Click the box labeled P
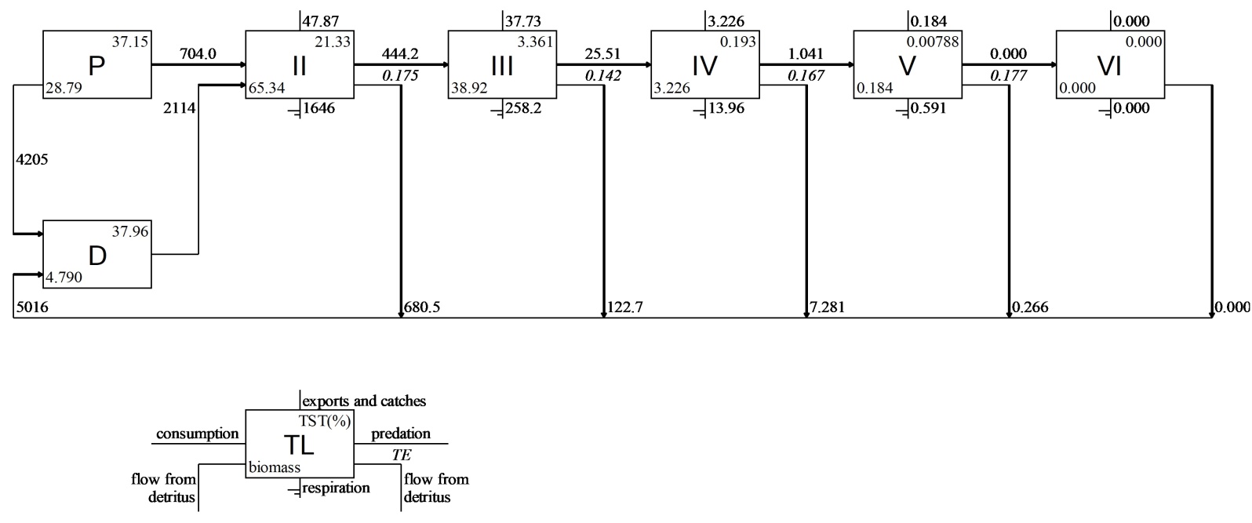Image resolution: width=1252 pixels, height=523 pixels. click(96, 65)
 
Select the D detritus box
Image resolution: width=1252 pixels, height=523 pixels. click(96, 255)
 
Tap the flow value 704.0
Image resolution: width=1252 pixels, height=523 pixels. click(198, 54)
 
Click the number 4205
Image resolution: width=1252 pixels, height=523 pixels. click(32, 159)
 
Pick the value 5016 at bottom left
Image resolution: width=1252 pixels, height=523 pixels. click(31, 307)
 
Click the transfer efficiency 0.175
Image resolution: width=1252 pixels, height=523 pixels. click(400, 75)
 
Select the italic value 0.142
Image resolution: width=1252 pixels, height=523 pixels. click(602, 75)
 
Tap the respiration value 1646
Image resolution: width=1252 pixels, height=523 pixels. click(318, 108)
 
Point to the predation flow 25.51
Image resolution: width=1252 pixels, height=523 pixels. click(602, 54)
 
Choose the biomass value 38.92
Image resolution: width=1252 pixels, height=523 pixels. click(469, 89)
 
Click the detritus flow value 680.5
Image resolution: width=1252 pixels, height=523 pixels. click(422, 307)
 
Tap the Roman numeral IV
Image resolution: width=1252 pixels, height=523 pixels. click(704, 66)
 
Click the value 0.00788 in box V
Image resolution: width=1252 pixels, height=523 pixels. click(933, 42)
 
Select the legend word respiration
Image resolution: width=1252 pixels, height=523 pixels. click(336, 488)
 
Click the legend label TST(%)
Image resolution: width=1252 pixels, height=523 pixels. click(325, 419)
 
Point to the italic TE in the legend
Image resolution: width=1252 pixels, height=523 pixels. click(401, 455)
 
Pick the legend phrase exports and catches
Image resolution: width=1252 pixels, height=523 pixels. click(364, 401)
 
